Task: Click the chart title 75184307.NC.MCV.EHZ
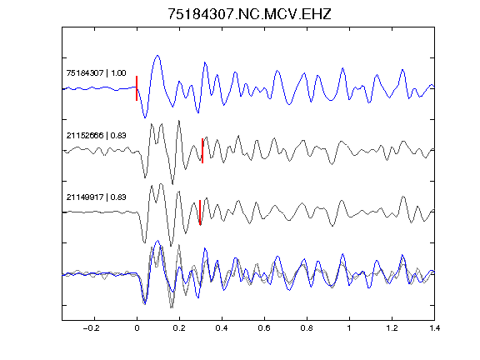(x=249, y=14)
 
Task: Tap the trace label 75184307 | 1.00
(x=96, y=72)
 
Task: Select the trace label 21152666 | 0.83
(x=96, y=135)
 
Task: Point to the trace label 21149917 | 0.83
(x=96, y=197)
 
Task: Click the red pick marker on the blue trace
(x=137, y=88)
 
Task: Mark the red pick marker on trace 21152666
(x=202, y=151)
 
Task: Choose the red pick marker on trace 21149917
(x=200, y=212)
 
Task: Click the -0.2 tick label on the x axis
(x=92, y=328)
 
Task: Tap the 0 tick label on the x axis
(x=137, y=328)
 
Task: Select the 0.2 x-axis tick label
(x=179, y=328)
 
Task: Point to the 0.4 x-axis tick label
(x=222, y=328)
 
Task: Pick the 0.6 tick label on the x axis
(x=264, y=328)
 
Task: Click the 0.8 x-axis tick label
(x=307, y=328)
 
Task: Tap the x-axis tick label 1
(x=349, y=328)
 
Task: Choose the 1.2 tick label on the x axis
(x=392, y=328)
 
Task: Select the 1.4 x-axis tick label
(x=434, y=328)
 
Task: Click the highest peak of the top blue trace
(x=157, y=55)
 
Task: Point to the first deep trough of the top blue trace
(x=145, y=117)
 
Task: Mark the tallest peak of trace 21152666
(x=179, y=121)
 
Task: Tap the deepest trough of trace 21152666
(x=172, y=184)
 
